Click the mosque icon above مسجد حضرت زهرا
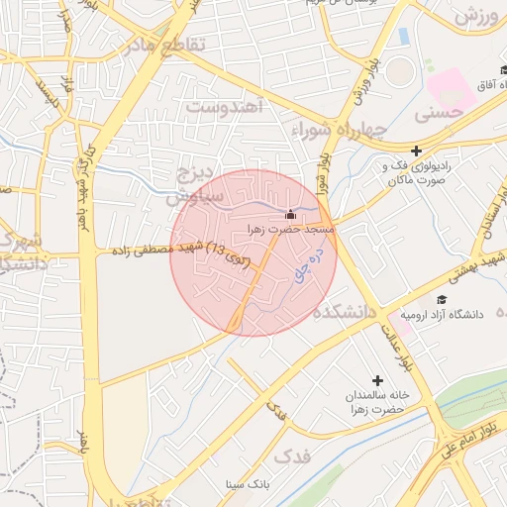(290, 215)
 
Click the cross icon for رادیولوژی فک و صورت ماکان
(417, 151)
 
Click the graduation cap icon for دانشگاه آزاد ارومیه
(441, 300)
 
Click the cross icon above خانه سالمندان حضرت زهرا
(376, 380)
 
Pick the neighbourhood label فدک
(290, 457)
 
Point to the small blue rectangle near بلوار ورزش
(403, 37)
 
